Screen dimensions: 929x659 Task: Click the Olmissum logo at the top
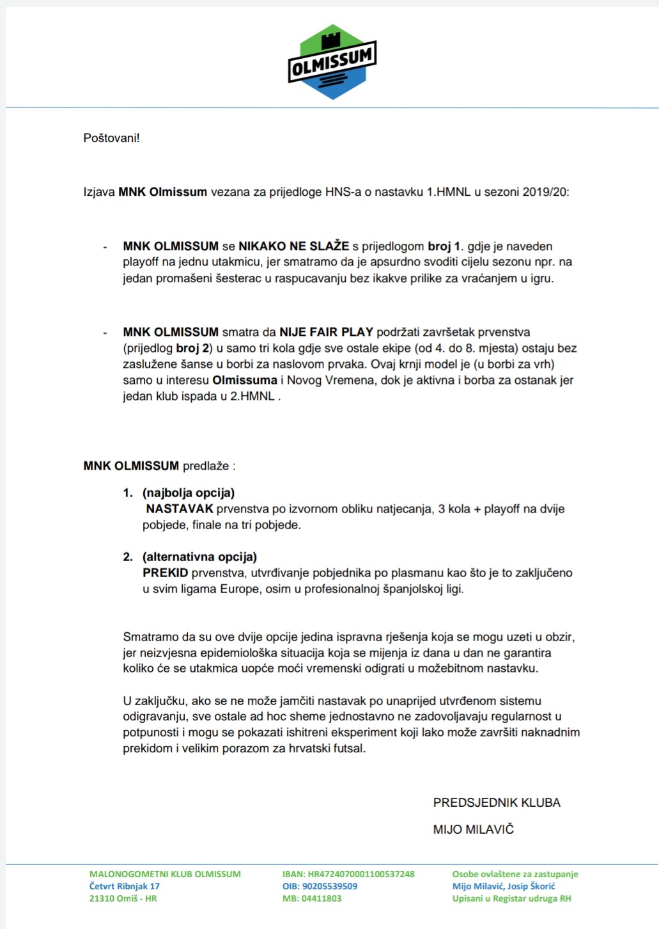click(x=332, y=63)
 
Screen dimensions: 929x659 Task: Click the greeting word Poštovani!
click(x=111, y=138)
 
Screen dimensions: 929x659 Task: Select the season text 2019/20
click(x=545, y=192)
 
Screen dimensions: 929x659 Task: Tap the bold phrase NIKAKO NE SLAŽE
click(x=293, y=246)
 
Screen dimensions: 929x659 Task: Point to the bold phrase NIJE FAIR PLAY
click(x=326, y=332)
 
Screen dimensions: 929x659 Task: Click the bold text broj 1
click(x=444, y=246)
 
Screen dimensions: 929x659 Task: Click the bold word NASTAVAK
click(x=180, y=509)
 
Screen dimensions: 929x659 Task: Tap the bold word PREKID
click(x=166, y=573)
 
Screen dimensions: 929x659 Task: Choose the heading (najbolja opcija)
click(x=189, y=493)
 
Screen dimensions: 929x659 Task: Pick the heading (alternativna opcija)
click(x=199, y=557)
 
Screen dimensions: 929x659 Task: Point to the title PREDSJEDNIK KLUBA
click(x=497, y=803)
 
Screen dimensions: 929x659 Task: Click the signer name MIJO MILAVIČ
click(x=474, y=829)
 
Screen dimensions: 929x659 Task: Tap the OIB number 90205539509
click(x=329, y=886)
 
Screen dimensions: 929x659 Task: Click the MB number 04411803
click(x=321, y=898)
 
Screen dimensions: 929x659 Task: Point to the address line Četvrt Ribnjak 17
click(x=125, y=886)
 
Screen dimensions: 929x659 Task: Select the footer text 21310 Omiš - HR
click(x=123, y=898)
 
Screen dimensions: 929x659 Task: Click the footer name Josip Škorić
click(x=531, y=886)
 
